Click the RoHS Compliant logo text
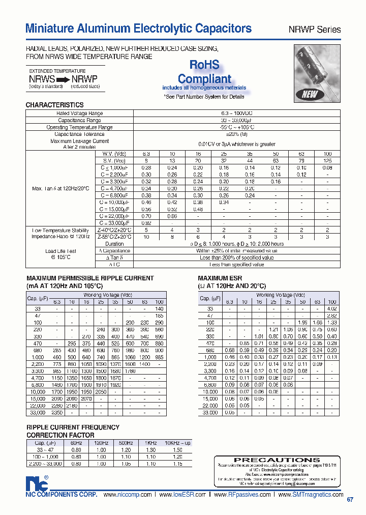tap(204, 72)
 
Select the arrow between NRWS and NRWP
tap(60, 79)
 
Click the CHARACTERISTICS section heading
tap(54, 105)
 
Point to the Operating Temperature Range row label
tap(79, 127)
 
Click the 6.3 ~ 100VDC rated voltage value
tap(229, 113)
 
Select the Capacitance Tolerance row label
tap(79, 134)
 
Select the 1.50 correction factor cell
tap(177, 450)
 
